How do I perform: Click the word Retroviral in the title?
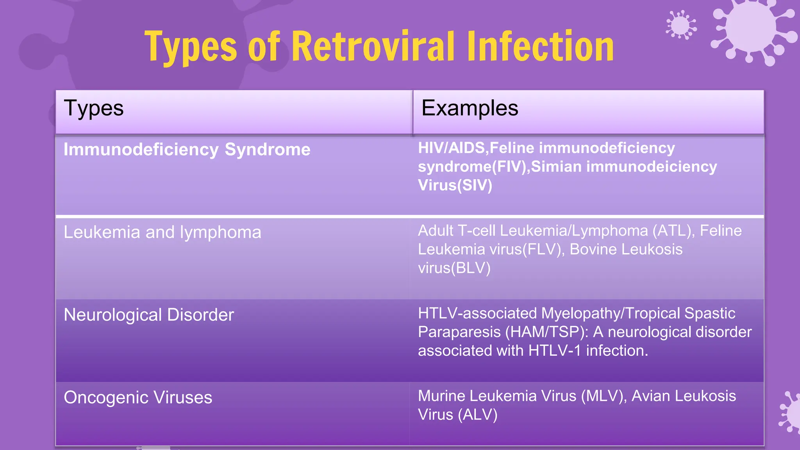point(373,47)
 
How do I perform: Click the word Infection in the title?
point(540,47)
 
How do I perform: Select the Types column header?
point(94,108)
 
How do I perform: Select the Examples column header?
point(470,108)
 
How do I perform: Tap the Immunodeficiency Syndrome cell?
point(187,150)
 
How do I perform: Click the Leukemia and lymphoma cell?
point(162,232)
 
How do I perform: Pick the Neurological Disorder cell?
point(148,315)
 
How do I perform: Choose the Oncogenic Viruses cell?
point(138,398)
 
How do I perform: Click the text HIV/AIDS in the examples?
point(451,148)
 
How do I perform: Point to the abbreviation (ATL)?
point(673,231)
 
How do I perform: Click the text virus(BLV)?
point(454,268)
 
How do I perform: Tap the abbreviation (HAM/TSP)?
point(546,332)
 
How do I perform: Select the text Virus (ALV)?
point(457,415)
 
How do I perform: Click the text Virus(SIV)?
point(455,186)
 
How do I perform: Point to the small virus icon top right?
point(681,25)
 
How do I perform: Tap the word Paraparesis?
point(459,332)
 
